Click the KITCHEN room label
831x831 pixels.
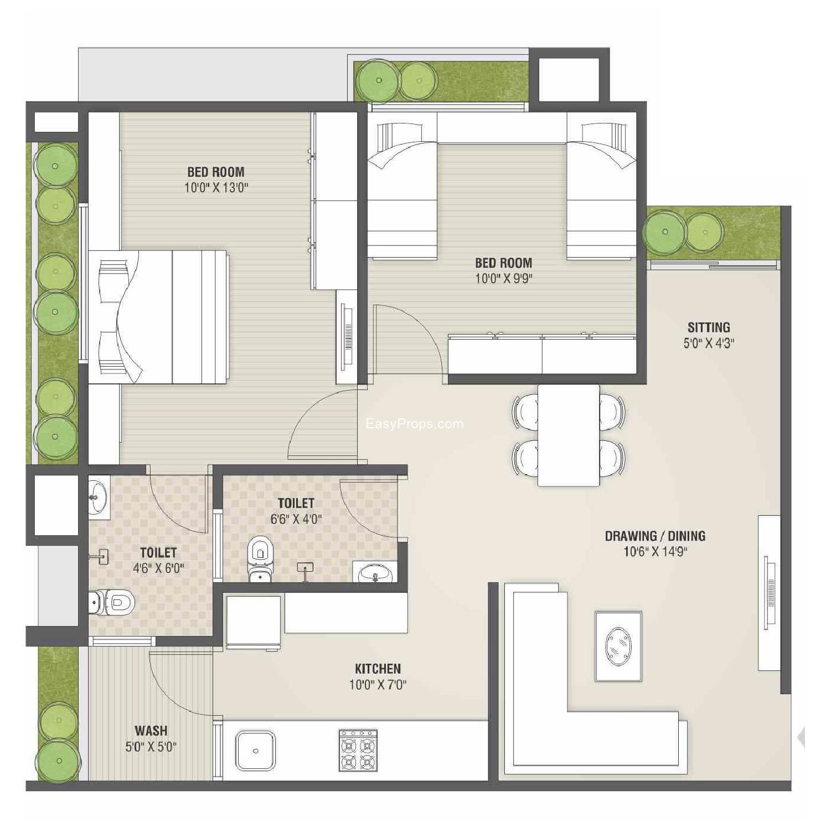378,668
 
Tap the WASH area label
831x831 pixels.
151,731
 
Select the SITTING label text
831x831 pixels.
709,327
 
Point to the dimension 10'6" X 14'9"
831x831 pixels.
655,551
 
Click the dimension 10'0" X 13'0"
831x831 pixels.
216,187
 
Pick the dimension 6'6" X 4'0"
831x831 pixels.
296,519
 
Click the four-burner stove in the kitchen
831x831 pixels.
358,751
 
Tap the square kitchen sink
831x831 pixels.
255,751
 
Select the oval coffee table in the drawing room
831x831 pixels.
618,646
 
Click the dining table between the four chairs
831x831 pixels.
569,435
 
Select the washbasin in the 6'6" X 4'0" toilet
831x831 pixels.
375,573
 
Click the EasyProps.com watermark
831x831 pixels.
414,424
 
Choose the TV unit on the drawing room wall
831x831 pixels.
769,593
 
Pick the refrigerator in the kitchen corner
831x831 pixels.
254,621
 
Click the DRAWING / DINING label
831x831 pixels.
655,536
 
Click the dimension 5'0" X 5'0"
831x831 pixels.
151,747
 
